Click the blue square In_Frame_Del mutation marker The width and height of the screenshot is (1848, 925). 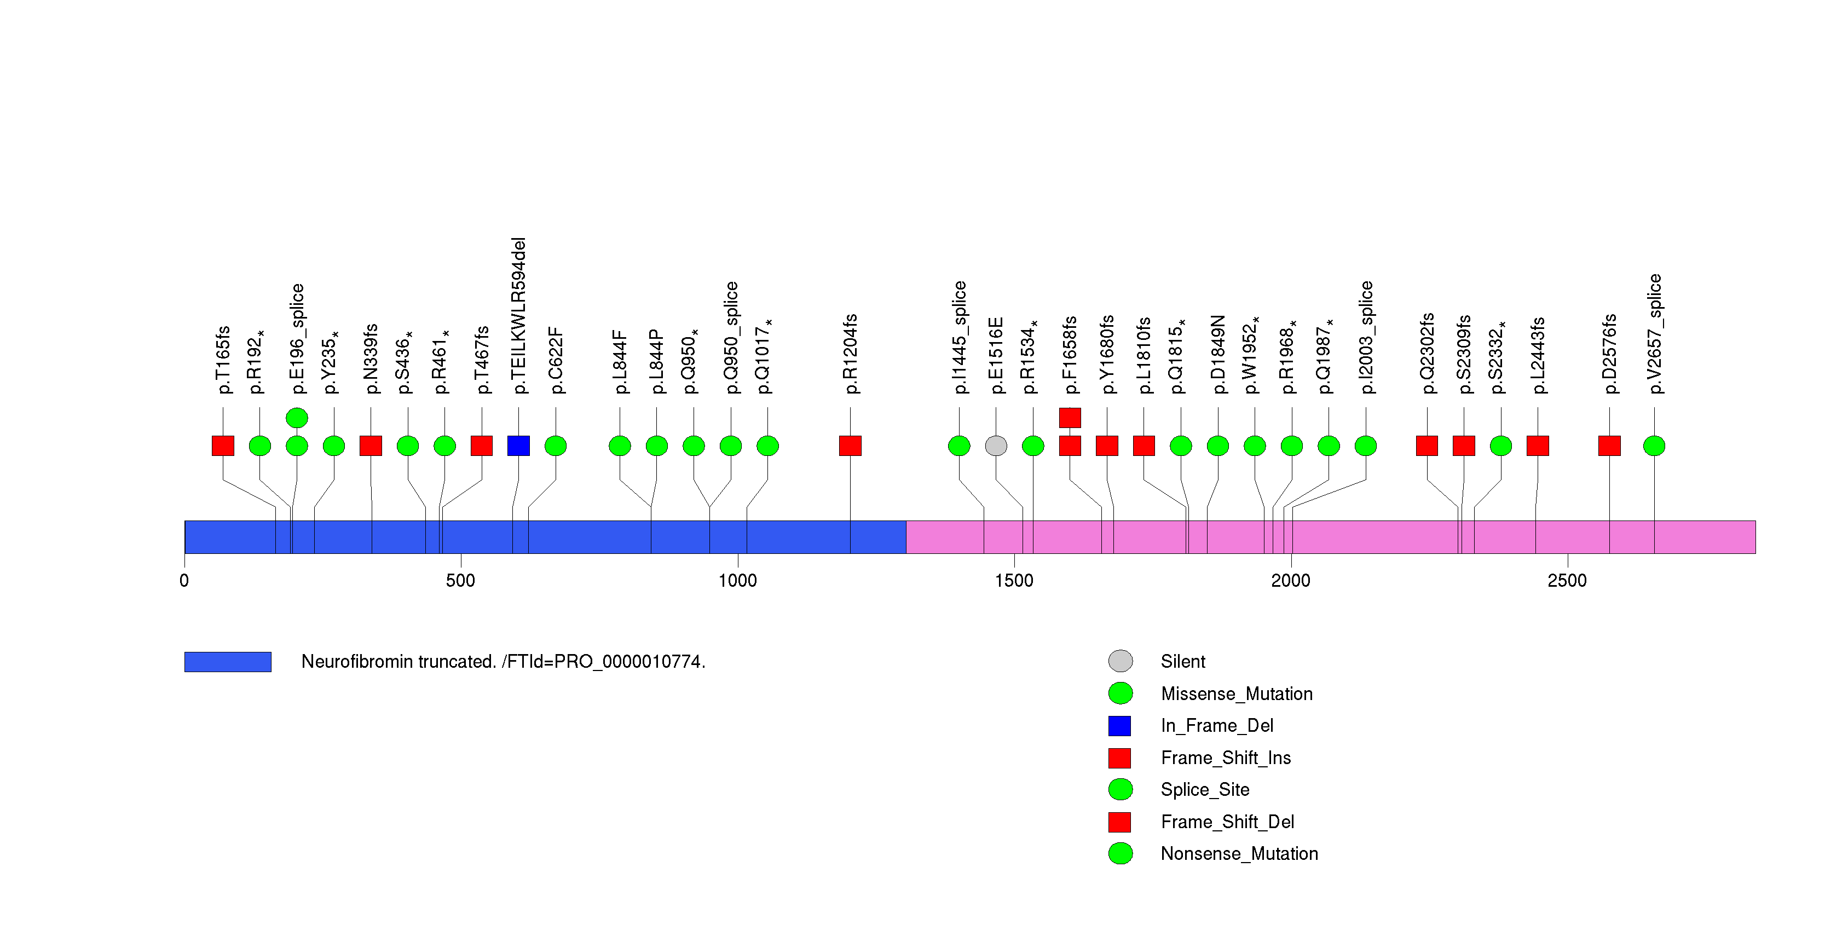(518, 446)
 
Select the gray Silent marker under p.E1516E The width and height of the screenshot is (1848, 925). (996, 446)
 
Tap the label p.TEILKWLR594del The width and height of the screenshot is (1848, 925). (519, 315)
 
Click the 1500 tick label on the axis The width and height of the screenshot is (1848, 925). (1014, 580)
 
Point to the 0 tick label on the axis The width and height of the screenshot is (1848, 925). (184, 580)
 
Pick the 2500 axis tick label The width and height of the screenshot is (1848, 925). (1567, 580)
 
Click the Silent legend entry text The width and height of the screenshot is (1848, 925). (1183, 661)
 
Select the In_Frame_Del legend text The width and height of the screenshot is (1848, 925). (1217, 726)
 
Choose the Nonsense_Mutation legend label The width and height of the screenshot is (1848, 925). (1239, 853)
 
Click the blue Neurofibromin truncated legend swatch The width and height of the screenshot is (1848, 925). (227, 662)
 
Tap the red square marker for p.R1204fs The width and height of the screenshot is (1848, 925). (850, 446)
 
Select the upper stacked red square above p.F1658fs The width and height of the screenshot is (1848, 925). (1070, 417)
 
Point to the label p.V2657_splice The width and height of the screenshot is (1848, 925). (1654, 333)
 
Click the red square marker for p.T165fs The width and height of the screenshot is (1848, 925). (223, 446)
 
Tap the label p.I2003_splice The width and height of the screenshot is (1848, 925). (1366, 337)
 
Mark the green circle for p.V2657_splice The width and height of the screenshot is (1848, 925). (1654, 446)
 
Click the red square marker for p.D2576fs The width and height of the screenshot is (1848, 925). (1609, 446)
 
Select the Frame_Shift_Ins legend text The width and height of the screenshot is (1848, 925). (1225, 758)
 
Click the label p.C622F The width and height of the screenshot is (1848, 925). (556, 360)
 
